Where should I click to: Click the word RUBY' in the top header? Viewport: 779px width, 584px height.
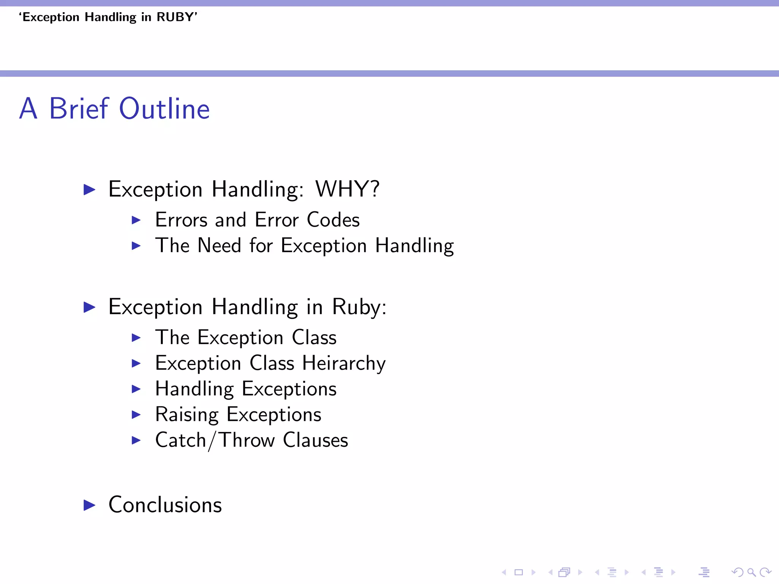coord(177,17)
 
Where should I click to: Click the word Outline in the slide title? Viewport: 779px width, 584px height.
coord(164,109)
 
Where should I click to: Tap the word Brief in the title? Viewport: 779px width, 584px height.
coord(79,109)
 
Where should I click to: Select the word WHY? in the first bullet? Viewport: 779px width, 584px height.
coord(347,189)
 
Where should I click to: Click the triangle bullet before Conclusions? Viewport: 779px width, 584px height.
coord(89,505)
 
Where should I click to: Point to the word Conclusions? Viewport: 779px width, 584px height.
coord(165,505)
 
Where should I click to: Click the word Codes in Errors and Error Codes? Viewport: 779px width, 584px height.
coord(333,220)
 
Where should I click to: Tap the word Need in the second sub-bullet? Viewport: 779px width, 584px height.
coord(219,245)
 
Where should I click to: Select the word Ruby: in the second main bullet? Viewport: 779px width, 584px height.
coord(359,307)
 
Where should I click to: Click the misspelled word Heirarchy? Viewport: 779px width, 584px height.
coord(344,363)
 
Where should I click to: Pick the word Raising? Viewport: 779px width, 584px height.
coord(187,414)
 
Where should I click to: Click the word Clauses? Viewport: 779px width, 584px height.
coord(315,440)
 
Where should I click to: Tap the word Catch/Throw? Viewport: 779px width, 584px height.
coord(215,440)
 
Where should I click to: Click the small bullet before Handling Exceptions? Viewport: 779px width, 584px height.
coord(136,389)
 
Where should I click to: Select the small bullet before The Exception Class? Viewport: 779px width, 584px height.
coord(136,338)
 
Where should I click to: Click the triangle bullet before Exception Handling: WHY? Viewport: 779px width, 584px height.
coord(89,189)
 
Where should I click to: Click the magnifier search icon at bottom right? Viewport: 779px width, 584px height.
coord(751,572)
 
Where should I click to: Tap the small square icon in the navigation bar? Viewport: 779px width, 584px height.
coord(519,572)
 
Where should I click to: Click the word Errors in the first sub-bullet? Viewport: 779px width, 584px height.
coord(181,220)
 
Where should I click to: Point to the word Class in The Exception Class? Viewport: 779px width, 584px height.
coord(314,338)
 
